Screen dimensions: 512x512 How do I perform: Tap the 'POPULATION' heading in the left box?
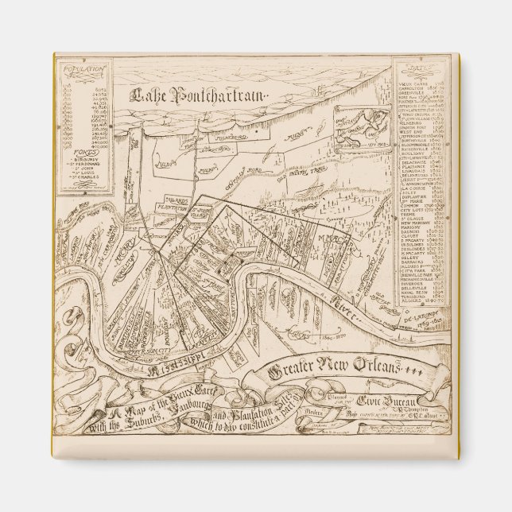coord(86,70)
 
